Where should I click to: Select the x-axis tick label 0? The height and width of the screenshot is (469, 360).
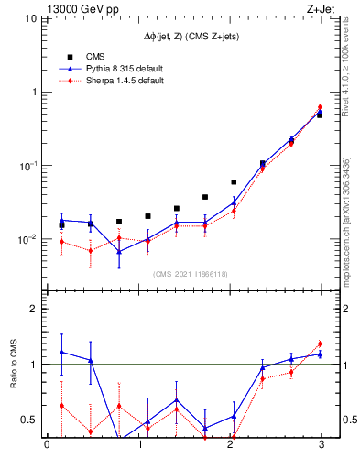tap(47, 446)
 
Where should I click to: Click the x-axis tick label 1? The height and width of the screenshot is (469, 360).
tap(138, 446)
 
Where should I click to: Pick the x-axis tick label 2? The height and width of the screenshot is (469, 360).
tap(230, 446)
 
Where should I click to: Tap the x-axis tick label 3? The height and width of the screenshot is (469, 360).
tap(322, 446)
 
